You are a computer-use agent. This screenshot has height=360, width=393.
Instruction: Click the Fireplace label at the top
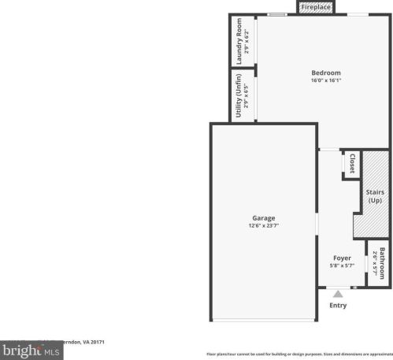tap(316, 7)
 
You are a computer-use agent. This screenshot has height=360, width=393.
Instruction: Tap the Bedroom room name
tap(325, 73)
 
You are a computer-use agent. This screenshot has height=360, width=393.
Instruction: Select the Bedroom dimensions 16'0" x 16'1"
tap(325, 80)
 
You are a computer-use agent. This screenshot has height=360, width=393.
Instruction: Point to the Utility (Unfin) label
tap(239, 96)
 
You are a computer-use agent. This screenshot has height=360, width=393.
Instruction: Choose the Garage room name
tap(263, 218)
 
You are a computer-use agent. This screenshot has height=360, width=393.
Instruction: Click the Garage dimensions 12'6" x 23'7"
tap(263, 225)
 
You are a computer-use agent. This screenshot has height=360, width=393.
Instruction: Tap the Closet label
tap(351, 164)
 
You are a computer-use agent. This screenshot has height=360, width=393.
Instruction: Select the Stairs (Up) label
tap(374, 196)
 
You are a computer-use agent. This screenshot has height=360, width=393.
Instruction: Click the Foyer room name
tap(342, 258)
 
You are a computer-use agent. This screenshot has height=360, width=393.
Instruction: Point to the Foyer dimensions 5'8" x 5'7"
tap(342, 265)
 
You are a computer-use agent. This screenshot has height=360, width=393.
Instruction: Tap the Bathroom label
tap(382, 263)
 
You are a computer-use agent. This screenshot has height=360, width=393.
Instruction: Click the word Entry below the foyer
tap(337, 305)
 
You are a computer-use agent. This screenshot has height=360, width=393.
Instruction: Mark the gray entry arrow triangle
tap(337, 294)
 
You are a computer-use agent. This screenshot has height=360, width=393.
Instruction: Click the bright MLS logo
tap(32, 351)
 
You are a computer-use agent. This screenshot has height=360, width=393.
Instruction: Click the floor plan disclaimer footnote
tap(298, 354)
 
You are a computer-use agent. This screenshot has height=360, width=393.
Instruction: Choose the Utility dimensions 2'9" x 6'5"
tap(246, 96)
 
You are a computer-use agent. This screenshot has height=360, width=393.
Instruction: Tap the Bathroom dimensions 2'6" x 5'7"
tap(375, 263)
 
